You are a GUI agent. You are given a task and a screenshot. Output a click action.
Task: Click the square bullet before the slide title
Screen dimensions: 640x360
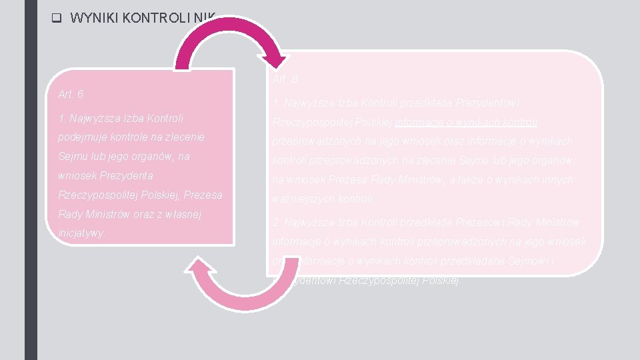click(56, 18)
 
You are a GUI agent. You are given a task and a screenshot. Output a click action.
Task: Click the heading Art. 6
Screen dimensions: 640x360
click(71, 94)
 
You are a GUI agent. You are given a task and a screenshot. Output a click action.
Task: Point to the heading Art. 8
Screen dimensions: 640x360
click(285, 79)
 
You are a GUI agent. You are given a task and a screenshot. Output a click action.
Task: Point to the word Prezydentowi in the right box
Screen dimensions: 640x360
click(489, 103)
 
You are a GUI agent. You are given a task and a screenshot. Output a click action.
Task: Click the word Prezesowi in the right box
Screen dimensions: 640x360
click(477, 222)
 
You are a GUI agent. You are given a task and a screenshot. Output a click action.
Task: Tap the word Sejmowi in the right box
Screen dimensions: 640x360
click(528, 261)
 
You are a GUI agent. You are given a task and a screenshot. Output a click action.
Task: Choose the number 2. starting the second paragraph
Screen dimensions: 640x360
click(275, 222)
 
